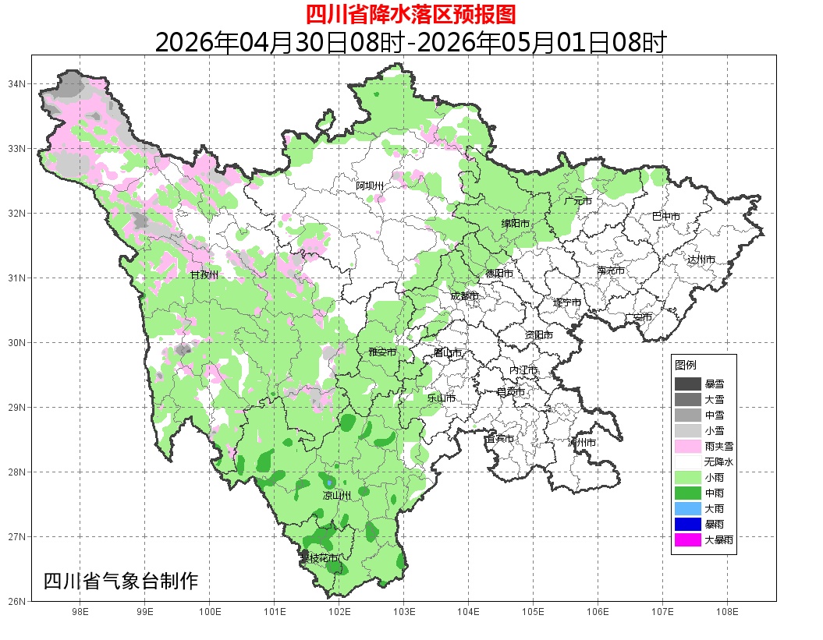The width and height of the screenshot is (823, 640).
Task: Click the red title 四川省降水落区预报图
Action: [410, 14]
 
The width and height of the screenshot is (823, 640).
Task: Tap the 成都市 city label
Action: [464, 296]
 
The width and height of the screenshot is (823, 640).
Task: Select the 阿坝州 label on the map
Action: [370, 186]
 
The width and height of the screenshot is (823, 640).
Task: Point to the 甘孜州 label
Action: [204, 275]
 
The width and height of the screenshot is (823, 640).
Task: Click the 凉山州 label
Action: [337, 496]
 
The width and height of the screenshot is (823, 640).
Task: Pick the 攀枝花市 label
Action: [320, 558]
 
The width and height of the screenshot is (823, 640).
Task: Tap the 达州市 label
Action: [701, 260]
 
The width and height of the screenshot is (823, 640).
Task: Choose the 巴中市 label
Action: [665, 217]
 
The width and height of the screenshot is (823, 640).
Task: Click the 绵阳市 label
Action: [515, 224]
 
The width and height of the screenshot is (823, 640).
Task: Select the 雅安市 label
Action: [382, 352]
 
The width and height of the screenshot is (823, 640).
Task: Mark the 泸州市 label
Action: [582, 442]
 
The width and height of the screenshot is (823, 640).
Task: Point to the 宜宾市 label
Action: [499, 439]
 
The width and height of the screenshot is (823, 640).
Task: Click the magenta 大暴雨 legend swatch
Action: [687, 539]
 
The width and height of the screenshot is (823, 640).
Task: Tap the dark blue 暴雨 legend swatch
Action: [687, 524]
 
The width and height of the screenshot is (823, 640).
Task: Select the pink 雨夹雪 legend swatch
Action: [687, 446]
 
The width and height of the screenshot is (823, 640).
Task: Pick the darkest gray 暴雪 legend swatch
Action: [687, 384]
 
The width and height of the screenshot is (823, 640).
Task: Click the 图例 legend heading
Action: [686, 365]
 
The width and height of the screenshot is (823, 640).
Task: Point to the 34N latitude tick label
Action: [17, 83]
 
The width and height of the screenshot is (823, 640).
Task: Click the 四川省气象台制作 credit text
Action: [121, 581]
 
